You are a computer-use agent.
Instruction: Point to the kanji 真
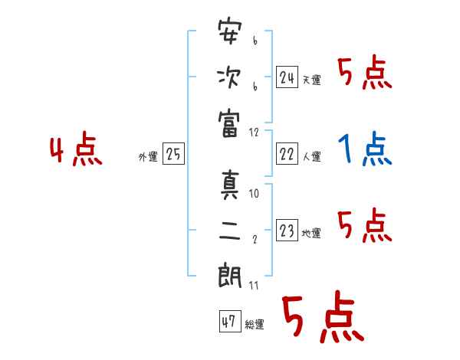[x=229, y=186]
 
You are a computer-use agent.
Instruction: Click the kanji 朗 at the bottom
[x=229, y=277]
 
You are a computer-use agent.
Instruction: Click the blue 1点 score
[x=365, y=150]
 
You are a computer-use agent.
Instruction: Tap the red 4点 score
[x=74, y=150]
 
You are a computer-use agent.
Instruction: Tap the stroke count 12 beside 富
[x=255, y=132]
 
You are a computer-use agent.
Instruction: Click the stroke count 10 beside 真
[x=255, y=195]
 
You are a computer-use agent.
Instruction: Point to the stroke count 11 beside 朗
[x=255, y=286]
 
